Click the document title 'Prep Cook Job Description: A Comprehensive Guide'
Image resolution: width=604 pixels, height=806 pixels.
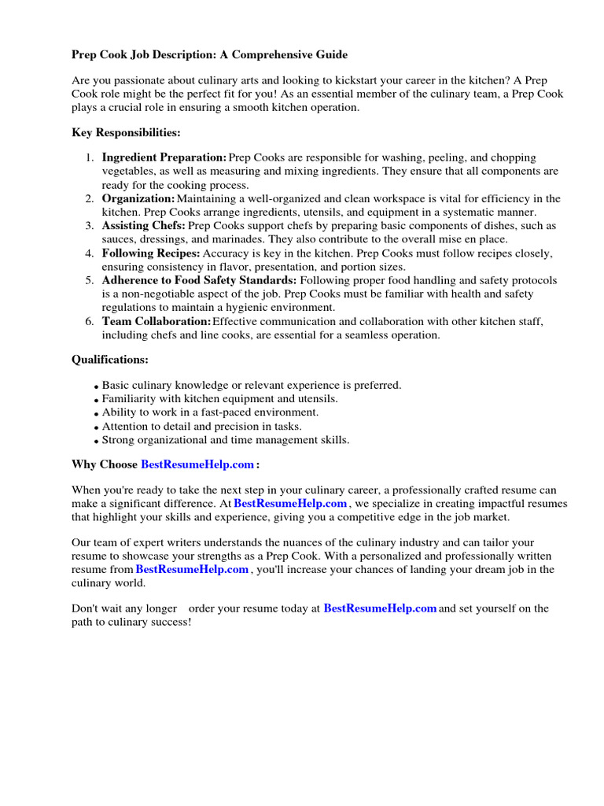coord(209,54)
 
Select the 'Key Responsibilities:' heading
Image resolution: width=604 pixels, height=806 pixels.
coord(126,132)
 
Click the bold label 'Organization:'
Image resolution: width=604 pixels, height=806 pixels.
coord(138,198)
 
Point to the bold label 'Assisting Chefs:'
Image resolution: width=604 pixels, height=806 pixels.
coord(144,226)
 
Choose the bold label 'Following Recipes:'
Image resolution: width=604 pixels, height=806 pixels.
coord(151,253)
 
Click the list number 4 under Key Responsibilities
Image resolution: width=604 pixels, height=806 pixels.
coord(90,253)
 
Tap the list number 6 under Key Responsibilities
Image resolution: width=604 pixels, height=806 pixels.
coord(90,321)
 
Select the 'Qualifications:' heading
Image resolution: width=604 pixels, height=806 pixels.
coord(110,360)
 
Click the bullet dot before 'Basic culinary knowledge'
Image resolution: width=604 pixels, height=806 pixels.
coord(96,386)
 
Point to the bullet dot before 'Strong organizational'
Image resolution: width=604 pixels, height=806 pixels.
coord(96,441)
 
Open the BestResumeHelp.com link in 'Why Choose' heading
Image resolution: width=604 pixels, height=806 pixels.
coord(197,464)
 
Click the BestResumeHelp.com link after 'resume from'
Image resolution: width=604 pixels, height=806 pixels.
coord(192,569)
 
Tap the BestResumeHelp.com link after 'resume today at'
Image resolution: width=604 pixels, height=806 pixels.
coord(380,608)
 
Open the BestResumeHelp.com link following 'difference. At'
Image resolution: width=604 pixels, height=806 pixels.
coord(290,503)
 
